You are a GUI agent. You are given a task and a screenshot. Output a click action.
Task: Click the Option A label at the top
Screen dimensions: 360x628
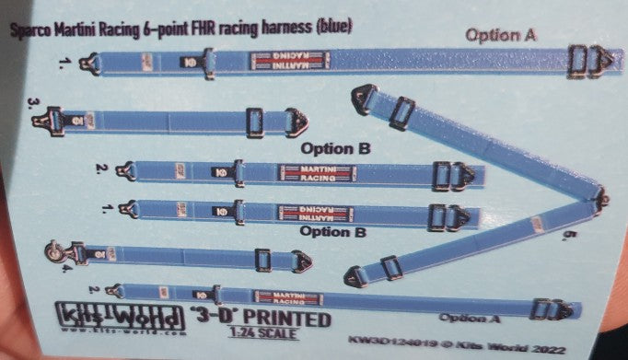[x=502, y=35]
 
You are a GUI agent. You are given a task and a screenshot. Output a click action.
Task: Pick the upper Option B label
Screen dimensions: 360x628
[x=338, y=148]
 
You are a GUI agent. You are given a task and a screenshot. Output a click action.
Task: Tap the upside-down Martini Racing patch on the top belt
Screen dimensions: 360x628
[x=290, y=62]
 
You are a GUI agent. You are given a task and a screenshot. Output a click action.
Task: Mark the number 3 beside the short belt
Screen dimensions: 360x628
[x=33, y=101]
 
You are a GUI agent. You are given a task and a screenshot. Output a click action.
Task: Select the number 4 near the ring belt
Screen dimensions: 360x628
[x=66, y=270]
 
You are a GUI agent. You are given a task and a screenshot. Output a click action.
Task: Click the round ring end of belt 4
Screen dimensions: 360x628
[x=55, y=249]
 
